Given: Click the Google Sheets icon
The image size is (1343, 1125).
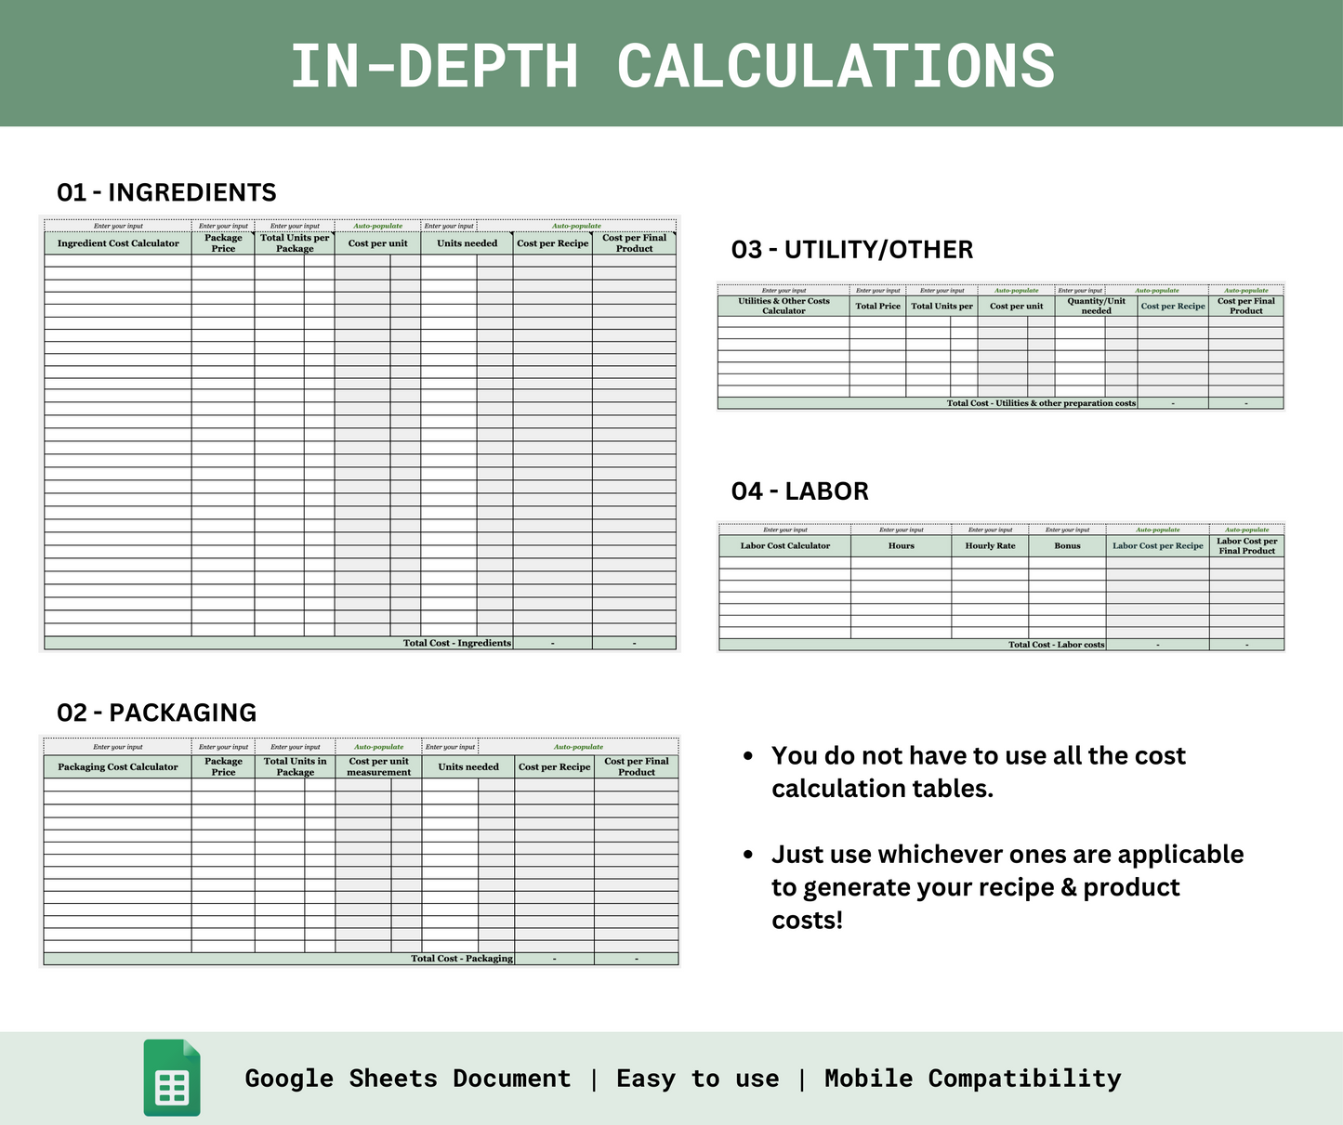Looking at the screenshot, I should (x=172, y=1078).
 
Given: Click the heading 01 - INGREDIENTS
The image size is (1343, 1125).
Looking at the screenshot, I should (x=166, y=192).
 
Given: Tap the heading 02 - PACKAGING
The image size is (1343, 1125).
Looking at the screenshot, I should (x=156, y=713).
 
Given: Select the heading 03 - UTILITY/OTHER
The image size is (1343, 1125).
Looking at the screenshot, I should (x=851, y=250).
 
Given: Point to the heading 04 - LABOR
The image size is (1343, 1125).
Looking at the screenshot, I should (x=799, y=491).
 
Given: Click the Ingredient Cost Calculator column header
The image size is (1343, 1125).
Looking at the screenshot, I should (x=118, y=243).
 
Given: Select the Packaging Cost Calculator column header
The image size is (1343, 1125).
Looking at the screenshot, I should (x=118, y=767).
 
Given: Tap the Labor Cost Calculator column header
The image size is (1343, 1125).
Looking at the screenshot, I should (x=784, y=546).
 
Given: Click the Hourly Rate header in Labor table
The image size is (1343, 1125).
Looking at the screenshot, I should (x=990, y=546).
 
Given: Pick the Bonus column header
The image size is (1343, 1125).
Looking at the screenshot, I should (x=1067, y=546).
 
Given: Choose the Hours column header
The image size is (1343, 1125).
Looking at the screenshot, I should (x=901, y=546).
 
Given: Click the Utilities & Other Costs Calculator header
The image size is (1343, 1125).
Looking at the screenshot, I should (x=783, y=306).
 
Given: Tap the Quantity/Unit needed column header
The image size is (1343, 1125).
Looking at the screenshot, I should (x=1096, y=306).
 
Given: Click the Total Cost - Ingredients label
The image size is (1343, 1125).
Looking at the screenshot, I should (x=456, y=643).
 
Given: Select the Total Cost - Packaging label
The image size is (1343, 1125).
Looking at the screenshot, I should (x=462, y=959).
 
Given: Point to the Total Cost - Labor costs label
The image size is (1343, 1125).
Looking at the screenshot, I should (x=1056, y=645).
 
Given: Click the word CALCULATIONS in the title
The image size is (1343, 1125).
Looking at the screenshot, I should (x=836, y=66).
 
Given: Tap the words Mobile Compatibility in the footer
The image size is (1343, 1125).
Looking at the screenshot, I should (x=972, y=1079).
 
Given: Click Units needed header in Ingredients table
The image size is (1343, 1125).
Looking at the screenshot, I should (x=467, y=243).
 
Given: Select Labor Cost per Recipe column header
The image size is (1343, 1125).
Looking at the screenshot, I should (x=1157, y=546).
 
